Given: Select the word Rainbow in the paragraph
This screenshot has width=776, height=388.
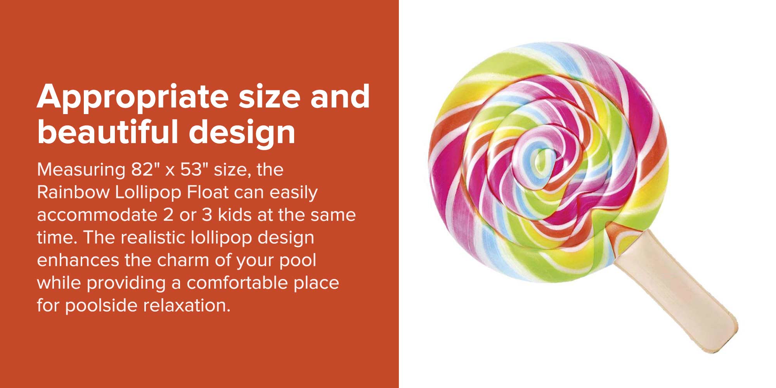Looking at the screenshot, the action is pyautogui.click(x=73, y=192).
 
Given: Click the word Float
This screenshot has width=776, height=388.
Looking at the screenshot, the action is pyautogui.click(x=208, y=192).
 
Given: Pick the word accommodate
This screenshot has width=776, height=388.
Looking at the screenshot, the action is pyautogui.click(x=97, y=215).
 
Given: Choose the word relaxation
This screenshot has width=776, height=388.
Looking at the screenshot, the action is pyautogui.click(x=187, y=305).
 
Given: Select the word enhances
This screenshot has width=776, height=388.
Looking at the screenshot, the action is pyautogui.click(x=78, y=260).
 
